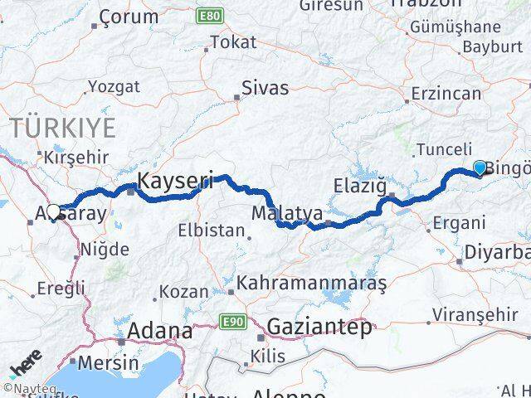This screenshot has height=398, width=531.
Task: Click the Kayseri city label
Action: click(175, 179)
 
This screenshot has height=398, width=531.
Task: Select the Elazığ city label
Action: click(360, 186)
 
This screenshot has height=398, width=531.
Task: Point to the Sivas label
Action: click(265, 87)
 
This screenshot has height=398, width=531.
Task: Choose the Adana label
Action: click(157, 332)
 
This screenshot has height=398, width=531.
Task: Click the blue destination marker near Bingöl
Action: click(480, 168)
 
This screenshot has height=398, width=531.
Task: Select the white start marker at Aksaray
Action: click(54, 212)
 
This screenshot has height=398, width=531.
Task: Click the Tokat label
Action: click(233, 42)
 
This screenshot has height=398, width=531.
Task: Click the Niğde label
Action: click(105, 249)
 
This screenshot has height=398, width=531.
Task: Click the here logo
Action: click(27, 366)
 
